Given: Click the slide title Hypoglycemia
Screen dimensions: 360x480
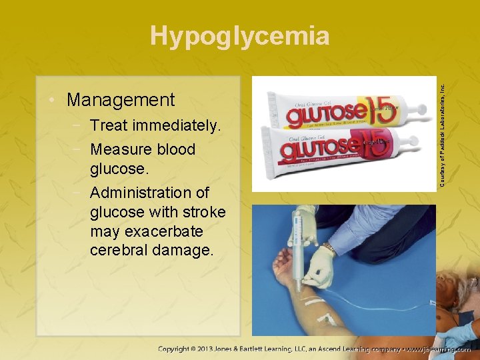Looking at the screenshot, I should tap(239, 36).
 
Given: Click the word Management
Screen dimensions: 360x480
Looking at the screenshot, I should tap(121, 100).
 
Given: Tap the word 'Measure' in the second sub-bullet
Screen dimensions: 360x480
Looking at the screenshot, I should tap(121, 149).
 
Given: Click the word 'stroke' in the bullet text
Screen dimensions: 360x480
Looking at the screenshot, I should tap(203, 213).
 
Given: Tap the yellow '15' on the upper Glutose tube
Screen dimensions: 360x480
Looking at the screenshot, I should tap(381, 111).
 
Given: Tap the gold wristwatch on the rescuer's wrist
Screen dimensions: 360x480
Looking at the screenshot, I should tap(328, 249).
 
